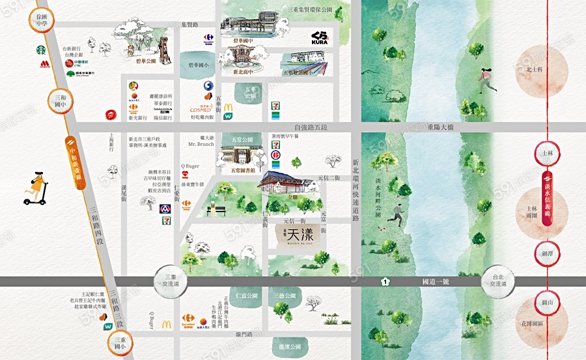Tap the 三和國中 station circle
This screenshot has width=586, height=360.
[60, 100]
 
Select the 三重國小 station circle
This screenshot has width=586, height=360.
[122, 343]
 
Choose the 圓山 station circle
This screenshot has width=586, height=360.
[547, 302]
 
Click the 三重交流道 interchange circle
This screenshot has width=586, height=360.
[171, 281]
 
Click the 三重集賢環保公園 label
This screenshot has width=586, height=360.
[311, 10]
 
